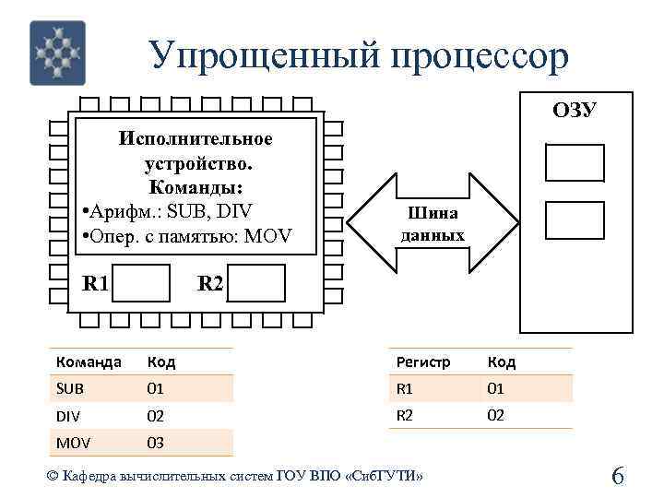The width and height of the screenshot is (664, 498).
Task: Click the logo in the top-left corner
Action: [57, 53]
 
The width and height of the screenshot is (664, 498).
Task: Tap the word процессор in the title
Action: [480, 56]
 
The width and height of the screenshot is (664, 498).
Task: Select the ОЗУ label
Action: [575, 111]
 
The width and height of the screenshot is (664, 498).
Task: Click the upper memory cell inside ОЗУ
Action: [574, 162]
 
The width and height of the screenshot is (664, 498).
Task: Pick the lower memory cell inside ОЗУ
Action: [574, 219]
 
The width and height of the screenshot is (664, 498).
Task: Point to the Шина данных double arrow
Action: [433, 225]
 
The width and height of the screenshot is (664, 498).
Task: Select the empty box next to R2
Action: [256, 283]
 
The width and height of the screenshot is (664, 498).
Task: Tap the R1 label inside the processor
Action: [96, 283]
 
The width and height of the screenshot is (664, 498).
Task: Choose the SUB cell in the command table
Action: [70, 389]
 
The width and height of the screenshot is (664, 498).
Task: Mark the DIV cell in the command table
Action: [69, 416]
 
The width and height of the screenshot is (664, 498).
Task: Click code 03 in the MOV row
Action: [156, 443]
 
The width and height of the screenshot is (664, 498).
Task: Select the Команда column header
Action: [89, 362]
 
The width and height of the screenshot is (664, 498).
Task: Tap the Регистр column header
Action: [423, 362]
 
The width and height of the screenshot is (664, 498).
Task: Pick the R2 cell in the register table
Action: [405, 415]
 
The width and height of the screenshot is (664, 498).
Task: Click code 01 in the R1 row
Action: [496, 389]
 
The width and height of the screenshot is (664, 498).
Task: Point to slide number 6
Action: [618, 477]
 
